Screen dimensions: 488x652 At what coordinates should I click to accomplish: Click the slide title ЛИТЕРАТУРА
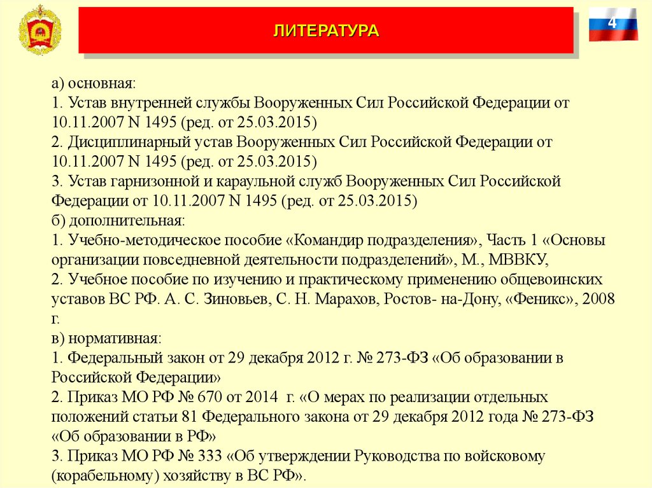(x=326, y=31)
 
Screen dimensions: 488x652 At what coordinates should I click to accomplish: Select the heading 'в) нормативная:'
(x=107, y=338)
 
